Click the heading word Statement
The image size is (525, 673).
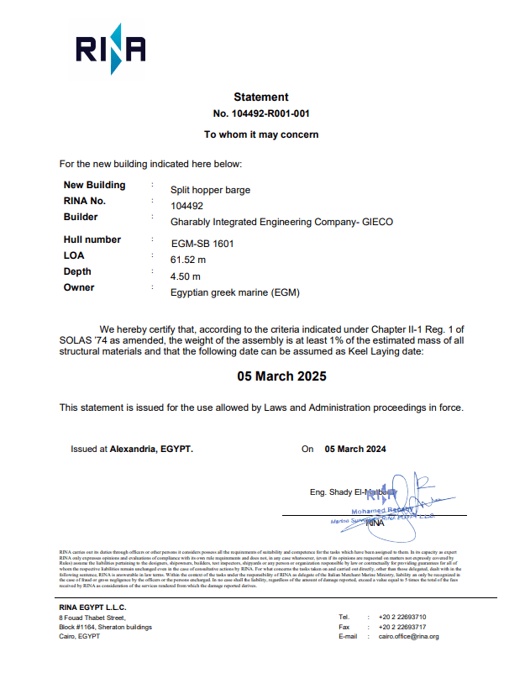261,97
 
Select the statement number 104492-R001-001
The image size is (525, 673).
261,113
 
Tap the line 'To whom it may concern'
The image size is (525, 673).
261,134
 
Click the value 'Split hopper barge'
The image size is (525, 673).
210,190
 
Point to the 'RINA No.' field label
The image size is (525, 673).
85,201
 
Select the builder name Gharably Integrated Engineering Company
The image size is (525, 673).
281,222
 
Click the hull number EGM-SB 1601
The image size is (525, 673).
202,244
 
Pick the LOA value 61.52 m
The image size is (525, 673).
188,260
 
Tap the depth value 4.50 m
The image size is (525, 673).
186,276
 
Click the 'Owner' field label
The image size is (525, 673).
79,287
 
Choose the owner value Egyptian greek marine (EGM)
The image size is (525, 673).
234,292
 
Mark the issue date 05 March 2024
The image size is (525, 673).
355,450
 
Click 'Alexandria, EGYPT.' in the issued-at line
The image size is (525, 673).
151,450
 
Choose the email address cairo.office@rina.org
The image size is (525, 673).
408,637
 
